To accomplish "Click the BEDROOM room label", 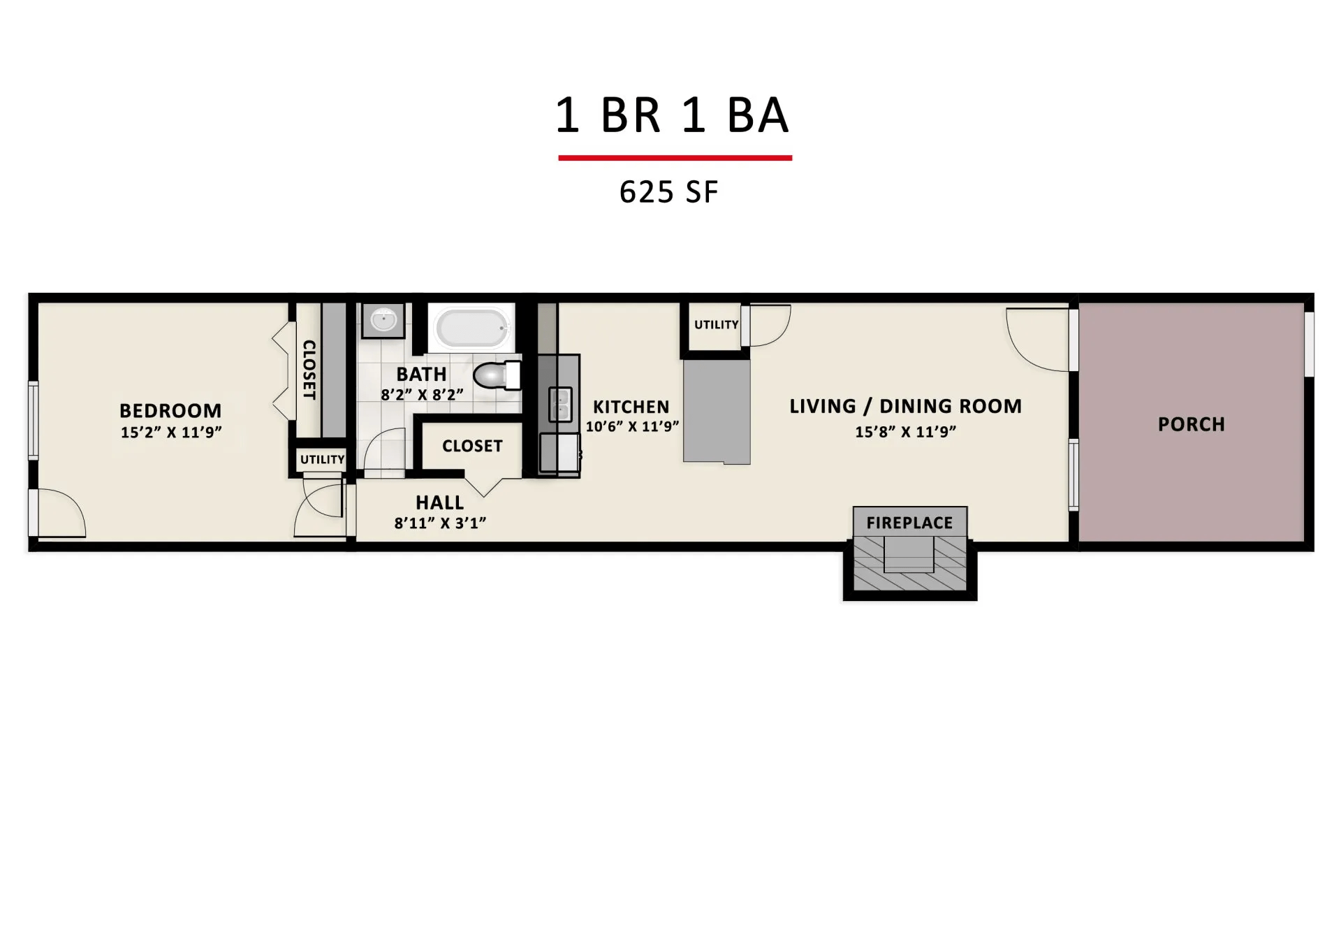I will [170, 411].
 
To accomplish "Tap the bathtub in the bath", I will [471, 327].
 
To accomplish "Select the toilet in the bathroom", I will [497, 376].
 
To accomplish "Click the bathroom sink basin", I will [383, 321].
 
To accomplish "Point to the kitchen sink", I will [560, 405].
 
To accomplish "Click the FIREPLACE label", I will [909, 523].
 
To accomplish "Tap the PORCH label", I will [1191, 425].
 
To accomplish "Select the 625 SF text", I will [668, 192].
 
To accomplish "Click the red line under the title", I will [675, 158].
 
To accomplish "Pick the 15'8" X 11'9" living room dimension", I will [905, 432].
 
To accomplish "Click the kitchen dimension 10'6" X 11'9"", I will [632, 426].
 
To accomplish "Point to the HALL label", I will [439, 502].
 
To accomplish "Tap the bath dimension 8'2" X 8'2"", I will [422, 395].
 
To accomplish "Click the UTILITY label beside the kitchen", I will [716, 325].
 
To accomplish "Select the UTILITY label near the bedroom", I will [322, 460].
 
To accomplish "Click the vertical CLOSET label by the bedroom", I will [309, 370].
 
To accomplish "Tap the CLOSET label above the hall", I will [472, 446].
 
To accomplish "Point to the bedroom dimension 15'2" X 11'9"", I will [171, 433].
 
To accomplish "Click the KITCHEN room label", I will [631, 407].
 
